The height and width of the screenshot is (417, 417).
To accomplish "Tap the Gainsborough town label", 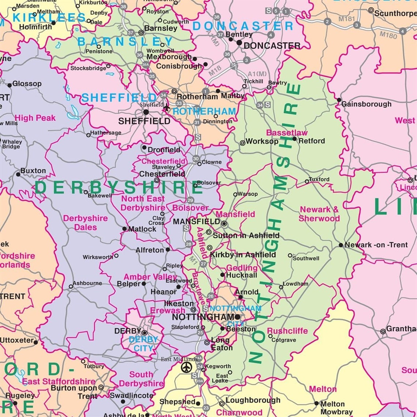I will point(366,104).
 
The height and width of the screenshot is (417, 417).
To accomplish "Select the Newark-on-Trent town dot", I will point(341,245).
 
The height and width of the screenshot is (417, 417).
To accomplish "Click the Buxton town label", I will point(33,171).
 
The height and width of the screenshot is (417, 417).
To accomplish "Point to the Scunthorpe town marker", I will point(371,10).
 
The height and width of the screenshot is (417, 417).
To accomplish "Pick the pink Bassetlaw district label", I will point(287,133).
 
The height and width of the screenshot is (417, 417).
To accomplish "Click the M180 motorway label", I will point(388,35).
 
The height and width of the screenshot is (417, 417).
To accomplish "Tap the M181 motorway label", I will point(347,19).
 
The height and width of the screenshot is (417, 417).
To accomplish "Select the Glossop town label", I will point(27,84).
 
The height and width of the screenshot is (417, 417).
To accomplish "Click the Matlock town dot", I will point(125,229).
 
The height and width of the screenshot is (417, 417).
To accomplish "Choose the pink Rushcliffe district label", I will point(287,331).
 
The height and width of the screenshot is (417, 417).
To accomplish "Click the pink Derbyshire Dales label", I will point(85,223).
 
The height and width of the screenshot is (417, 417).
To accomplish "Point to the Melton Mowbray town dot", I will point(316,403).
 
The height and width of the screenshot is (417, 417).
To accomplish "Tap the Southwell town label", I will point(306,258).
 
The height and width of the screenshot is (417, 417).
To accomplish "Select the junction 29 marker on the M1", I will point(190,200).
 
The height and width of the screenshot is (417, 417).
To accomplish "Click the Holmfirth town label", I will point(35,27).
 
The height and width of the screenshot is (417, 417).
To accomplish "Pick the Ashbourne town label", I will point(87,283).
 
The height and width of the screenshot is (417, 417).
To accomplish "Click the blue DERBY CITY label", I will point(143,344).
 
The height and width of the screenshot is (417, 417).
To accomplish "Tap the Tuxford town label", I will point(319,180).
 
